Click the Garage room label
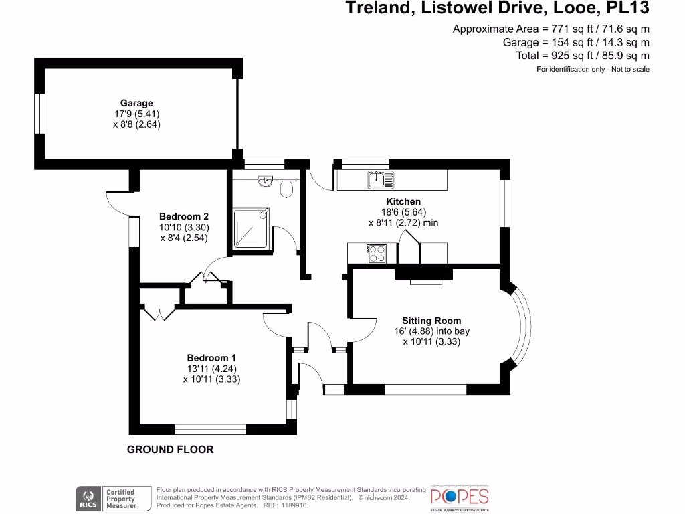coord(136,103)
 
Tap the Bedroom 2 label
coord(184,216)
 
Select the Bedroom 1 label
coord(211,357)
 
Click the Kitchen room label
coord(403,201)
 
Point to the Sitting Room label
coord(431,321)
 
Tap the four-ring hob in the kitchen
coord(377,254)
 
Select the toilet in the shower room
coord(288,188)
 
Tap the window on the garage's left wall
coord(39,114)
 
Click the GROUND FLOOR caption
coord(171,450)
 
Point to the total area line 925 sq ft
coord(583,56)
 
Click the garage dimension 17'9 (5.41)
coord(136,114)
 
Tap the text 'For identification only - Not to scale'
coord(593,70)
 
